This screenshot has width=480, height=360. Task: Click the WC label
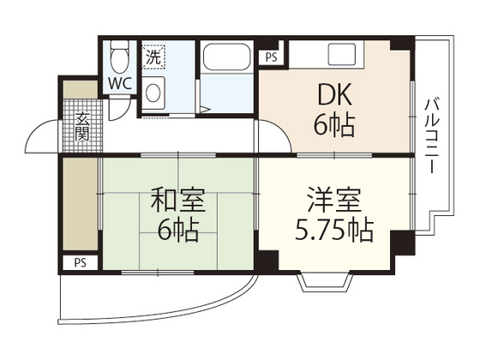tap(118, 86)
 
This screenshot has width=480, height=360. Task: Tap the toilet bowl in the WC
tap(118, 58)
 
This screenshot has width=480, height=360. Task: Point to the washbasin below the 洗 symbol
tap(153, 90)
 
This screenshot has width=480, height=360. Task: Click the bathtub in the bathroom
tap(226, 62)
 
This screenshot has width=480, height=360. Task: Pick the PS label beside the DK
tap(271, 58)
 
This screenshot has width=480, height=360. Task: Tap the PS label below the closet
tap(79, 262)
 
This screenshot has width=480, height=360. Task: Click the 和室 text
tap(177, 201)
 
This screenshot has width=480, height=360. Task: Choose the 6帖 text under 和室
tap(177, 229)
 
